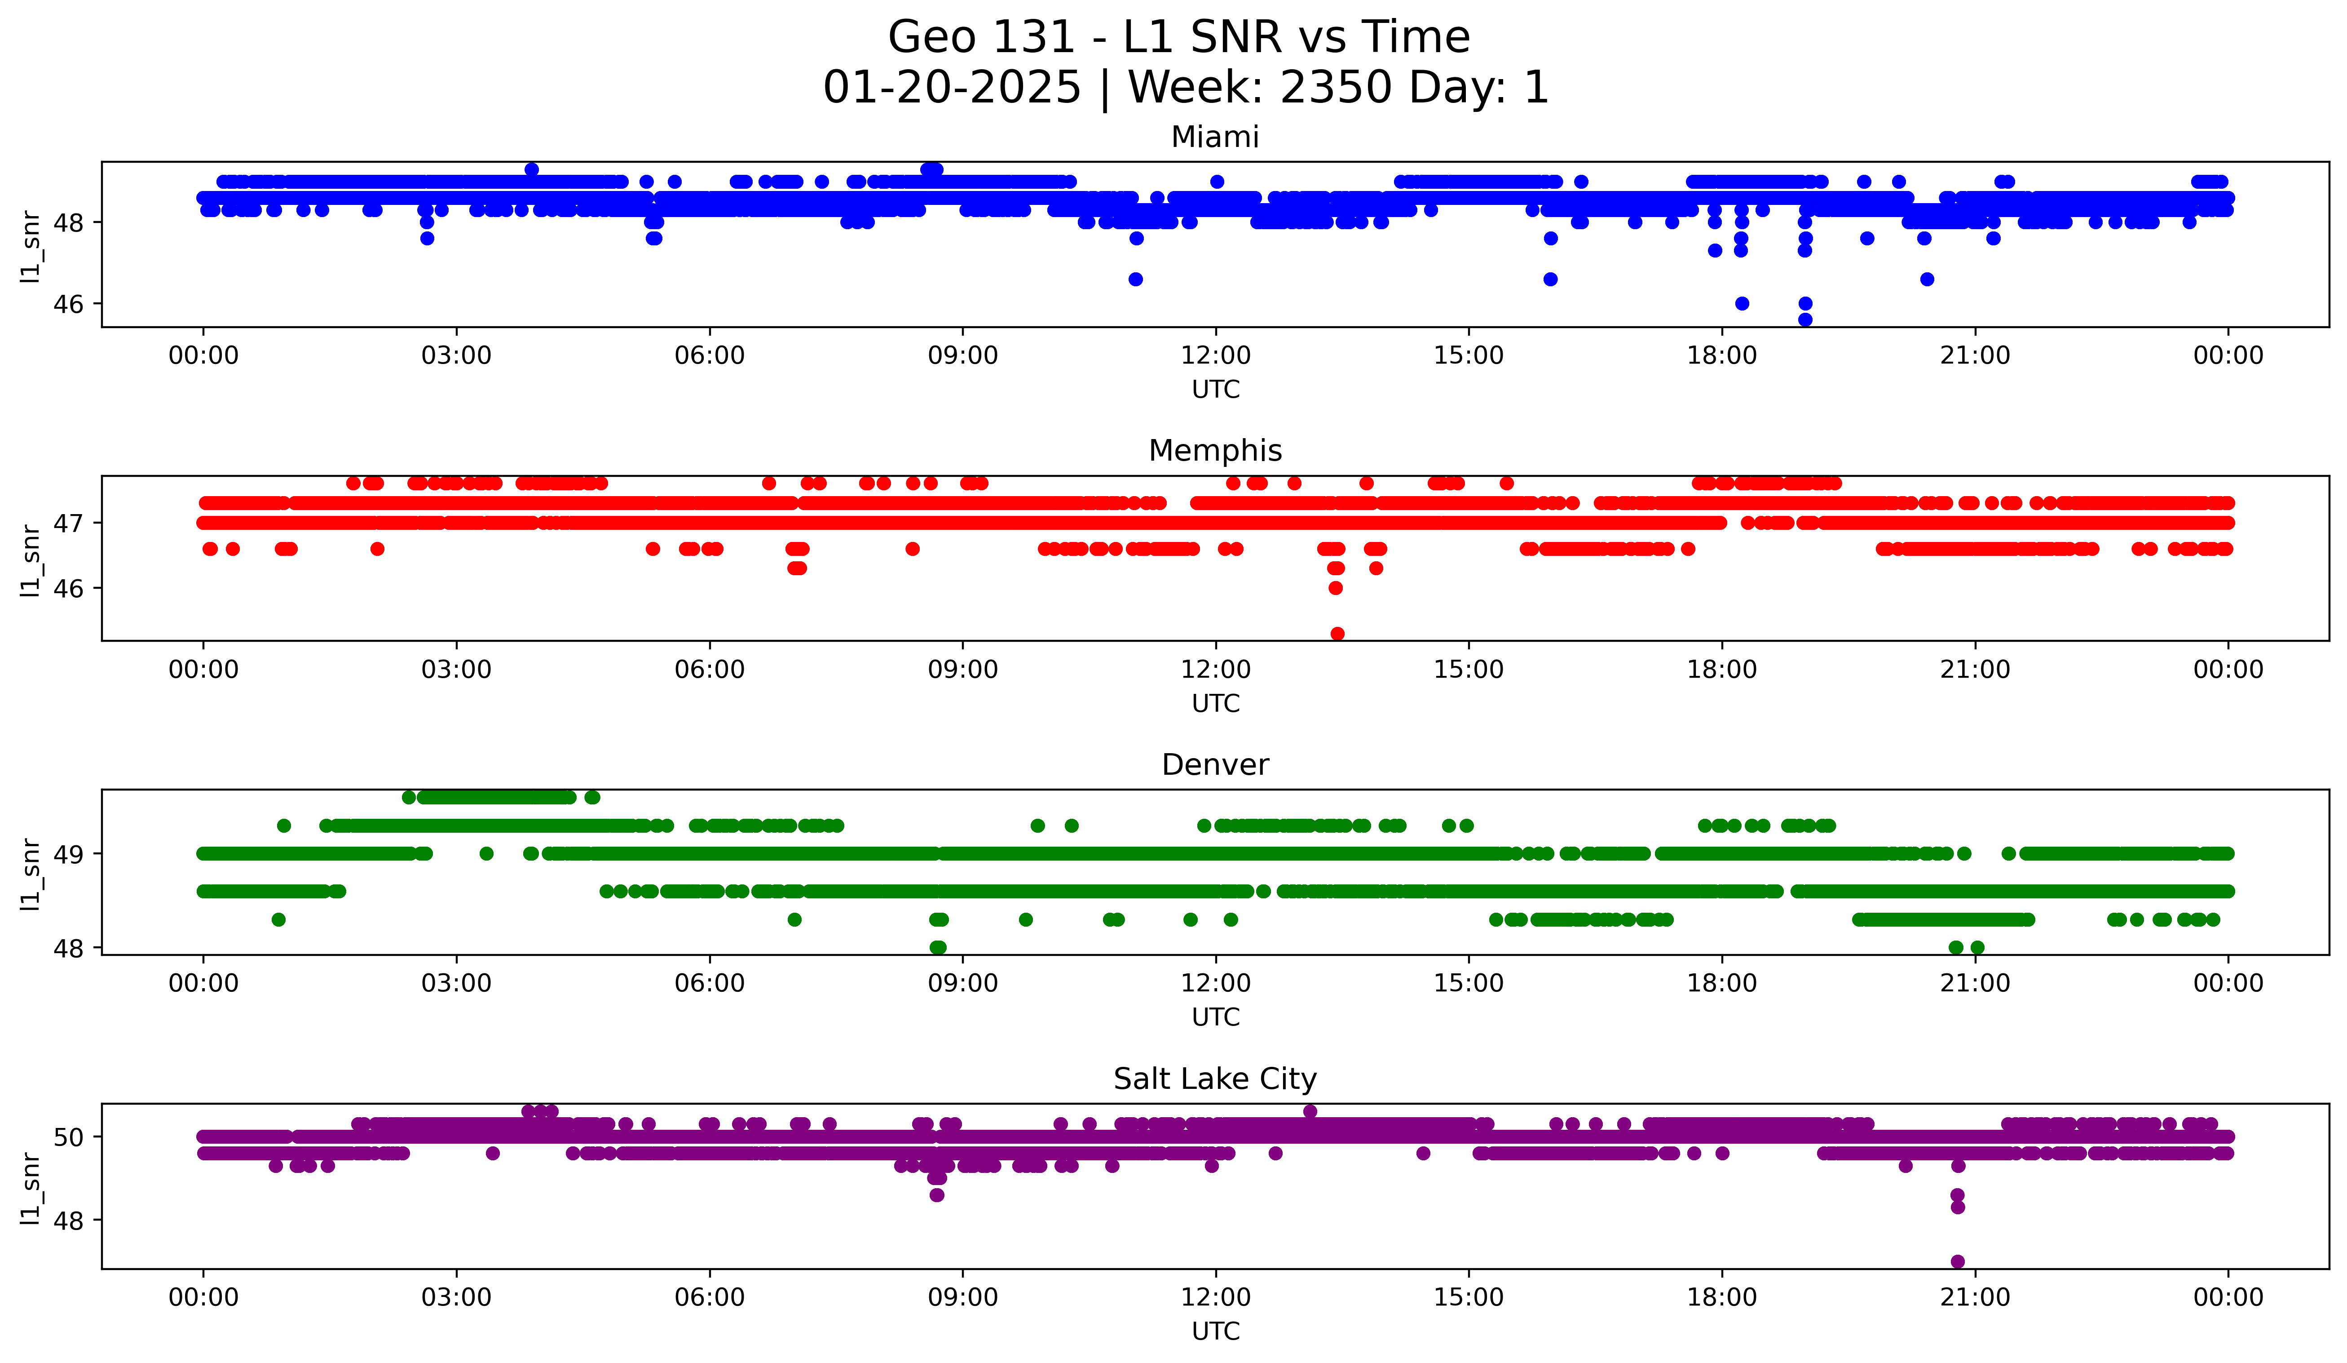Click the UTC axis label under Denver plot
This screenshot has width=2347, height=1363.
point(1215,1017)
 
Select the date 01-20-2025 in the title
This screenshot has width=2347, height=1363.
point(952,88)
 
